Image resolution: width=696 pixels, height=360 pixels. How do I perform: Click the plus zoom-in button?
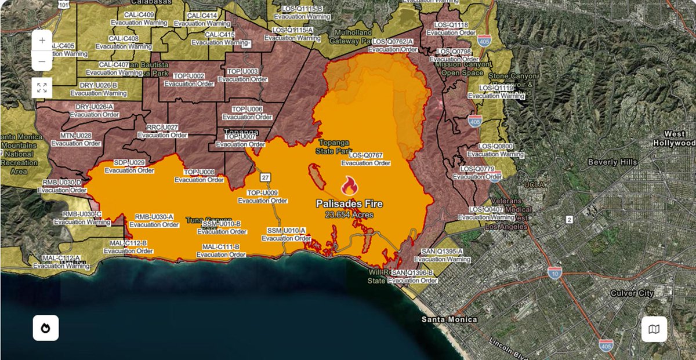coord(42,41)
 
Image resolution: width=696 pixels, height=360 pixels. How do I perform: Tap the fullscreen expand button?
coord(42,88)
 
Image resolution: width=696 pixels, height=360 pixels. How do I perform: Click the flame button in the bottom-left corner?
coord(46,328)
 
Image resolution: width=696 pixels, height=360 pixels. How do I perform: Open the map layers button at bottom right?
coord(654,329)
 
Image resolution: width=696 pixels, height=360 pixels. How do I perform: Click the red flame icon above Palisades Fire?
coord(349,186)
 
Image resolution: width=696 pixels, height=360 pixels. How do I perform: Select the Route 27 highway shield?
coord(265,177)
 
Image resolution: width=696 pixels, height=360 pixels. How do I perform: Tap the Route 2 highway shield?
coord(569,220)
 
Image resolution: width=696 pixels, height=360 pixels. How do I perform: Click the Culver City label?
coord(632,293)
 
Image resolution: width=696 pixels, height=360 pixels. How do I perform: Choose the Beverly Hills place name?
coord(612,162)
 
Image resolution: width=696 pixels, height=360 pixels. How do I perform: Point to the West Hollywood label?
coord(673,139)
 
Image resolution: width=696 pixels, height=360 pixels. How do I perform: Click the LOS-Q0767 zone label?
coord(366,155)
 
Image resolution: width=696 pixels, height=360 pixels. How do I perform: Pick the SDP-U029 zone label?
coord(129,163)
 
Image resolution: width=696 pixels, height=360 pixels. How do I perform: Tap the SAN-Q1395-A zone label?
coord(443,252)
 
